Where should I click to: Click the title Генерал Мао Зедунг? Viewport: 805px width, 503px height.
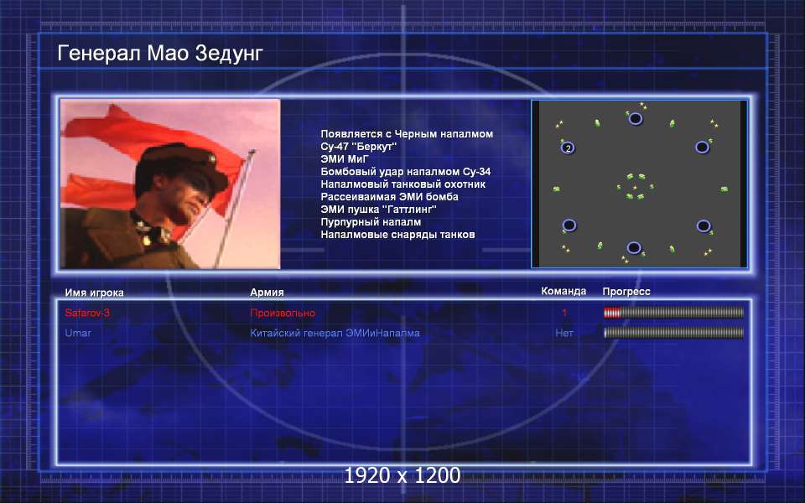pos(159,54)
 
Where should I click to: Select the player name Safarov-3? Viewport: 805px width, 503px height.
pos(87,313)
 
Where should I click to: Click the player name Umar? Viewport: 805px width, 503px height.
pos(78,333)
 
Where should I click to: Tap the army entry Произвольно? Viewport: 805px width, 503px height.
pos(283,313)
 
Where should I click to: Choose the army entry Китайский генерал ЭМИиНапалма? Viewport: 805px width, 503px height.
pos(335,333)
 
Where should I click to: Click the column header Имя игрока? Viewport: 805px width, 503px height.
pos(94,293)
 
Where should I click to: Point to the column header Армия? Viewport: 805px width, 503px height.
pos(267,292)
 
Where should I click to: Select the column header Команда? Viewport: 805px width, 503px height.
pos(563,291)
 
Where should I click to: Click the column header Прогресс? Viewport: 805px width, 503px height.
pos(626,292)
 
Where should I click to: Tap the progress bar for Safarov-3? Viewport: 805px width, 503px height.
pos(673,313)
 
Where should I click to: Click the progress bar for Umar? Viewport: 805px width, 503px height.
pos(673,333)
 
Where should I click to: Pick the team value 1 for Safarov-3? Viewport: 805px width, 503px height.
pos(564,313)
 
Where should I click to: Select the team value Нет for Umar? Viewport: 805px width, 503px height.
pos(563,333)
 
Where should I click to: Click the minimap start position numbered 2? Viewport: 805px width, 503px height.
pos(568,148)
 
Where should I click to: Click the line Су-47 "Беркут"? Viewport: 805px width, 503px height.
pos(358,146)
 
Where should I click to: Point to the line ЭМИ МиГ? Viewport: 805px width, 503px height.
pos(345,159)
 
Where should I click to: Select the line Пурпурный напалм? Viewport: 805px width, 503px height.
pos(371,222)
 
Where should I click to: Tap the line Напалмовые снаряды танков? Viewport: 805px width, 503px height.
pos(397,235)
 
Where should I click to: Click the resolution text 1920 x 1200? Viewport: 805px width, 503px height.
pos(402,475)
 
